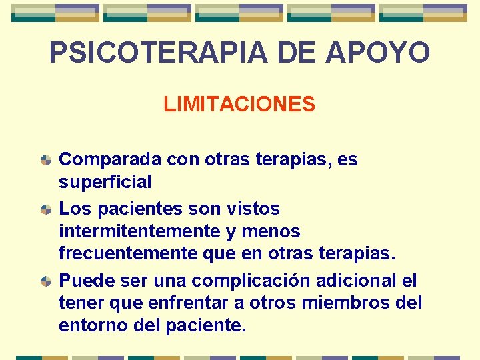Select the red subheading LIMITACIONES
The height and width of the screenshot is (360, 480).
(x=239, y=105)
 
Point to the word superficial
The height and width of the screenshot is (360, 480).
(x=105, y=181)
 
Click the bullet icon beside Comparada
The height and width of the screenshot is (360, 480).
(x=45, y=161)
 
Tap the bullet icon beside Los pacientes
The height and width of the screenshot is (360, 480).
(x=45, y=209)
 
